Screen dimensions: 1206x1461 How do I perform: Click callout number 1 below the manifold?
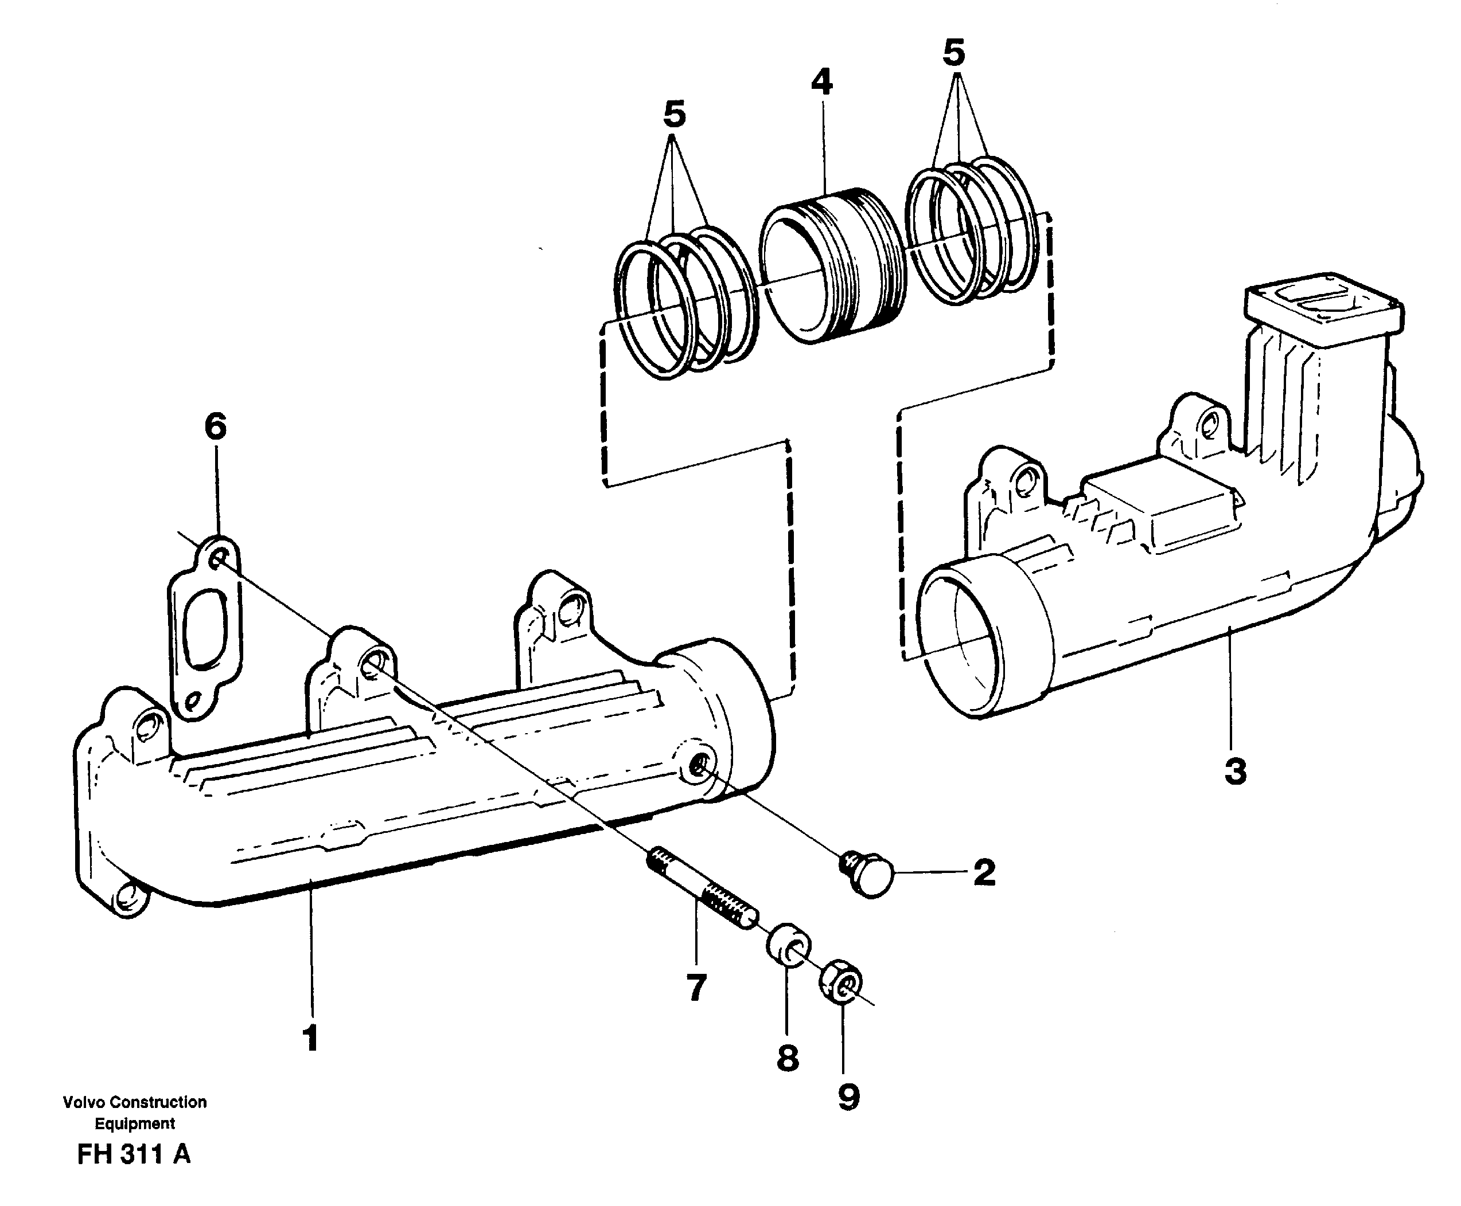311,1039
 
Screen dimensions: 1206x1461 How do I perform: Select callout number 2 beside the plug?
984,872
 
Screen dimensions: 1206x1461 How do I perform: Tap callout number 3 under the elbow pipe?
1235,773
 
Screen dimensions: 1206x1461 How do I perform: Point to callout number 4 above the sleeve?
821,83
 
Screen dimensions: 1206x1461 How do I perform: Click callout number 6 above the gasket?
216,426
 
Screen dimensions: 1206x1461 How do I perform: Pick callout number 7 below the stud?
696,987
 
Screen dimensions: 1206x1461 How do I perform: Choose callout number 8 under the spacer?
787,1058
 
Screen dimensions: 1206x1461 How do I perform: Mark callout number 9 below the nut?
848,1098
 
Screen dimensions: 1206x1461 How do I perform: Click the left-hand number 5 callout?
674,113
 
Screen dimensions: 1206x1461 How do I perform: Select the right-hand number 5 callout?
953,53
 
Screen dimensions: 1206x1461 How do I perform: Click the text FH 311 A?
134,1154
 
